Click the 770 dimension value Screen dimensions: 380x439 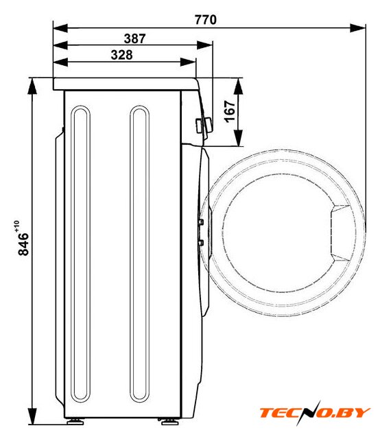[x=206, y=20]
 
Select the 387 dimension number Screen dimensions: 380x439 [x=135, y=38]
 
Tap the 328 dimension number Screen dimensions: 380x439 [x=121, y=55]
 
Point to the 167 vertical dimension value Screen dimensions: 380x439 [x=230, y=111]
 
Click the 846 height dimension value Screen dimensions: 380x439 [x=23, y=244]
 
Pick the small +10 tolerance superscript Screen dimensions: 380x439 [x=16, y=226]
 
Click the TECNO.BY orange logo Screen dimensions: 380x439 [x=314, y=413]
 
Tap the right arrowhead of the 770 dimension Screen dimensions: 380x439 [x=357, y=28]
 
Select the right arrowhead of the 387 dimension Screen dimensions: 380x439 [x=204, y=45]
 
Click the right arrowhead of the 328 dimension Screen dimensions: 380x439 [x=188, y=62]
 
